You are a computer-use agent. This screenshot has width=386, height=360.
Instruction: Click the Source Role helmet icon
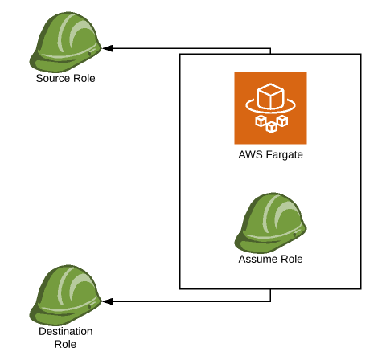coord(65,42)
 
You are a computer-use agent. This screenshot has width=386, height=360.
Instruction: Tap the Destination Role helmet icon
coord(65,295)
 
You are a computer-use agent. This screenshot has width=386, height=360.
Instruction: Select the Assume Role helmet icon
coord(270,223)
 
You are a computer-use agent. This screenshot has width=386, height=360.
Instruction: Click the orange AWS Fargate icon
coord(270,108)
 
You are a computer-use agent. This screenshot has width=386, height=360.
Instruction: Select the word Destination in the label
coord(66,331)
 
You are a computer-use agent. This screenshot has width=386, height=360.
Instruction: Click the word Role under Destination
coord(65,344)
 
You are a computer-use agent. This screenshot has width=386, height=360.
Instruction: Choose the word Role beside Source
coord(84,78)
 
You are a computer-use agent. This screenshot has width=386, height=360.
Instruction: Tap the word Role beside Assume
coord(291,259)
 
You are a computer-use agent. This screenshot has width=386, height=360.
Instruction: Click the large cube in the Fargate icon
coord(270,96)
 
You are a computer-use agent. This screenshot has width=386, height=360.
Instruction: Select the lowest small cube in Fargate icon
coord(271,127)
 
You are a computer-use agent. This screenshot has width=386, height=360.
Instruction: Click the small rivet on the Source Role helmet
coord(89,54)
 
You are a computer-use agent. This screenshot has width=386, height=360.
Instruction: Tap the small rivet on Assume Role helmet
coord(295,235)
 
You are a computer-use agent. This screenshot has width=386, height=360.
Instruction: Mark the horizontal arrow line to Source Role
coord(187,48)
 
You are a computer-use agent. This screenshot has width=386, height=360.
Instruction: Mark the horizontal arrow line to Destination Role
coord(187,301)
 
